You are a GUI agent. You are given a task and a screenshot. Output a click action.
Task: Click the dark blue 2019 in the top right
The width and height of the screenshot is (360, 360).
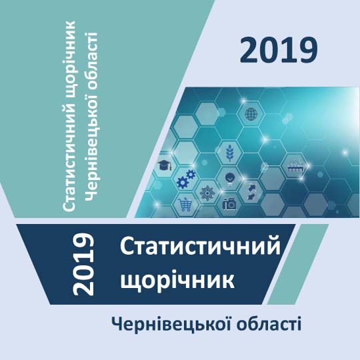pyautogui.click(x=279, y=51)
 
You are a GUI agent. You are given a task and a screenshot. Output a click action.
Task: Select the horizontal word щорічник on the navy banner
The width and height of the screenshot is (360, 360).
pyautogui.click(x=177, y=280)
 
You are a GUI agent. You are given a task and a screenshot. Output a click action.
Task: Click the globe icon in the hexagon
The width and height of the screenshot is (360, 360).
pyautogui.click(x=251, y=114)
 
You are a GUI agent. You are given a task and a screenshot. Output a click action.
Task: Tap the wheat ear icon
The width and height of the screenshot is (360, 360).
pyautogui.click(x=229, y=152)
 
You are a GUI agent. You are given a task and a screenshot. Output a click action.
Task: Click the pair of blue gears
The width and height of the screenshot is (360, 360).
pyautogui.click(x=186, y=179)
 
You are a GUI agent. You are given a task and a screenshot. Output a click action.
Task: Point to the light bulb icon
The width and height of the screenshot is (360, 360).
pyautogui.click(x=229, y=179)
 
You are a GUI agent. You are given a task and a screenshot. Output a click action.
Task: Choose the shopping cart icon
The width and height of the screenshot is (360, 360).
pyautogui.click(x=185, y=205)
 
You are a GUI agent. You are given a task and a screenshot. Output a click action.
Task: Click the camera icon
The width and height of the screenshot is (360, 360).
pyautogui.click(x=229, y=203)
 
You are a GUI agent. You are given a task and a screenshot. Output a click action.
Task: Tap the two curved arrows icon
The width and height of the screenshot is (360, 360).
pyautogui.click(x=252, y=192)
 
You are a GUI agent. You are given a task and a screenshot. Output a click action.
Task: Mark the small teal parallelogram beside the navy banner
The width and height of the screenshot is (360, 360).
pyautogui.click(x=298, y=264)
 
